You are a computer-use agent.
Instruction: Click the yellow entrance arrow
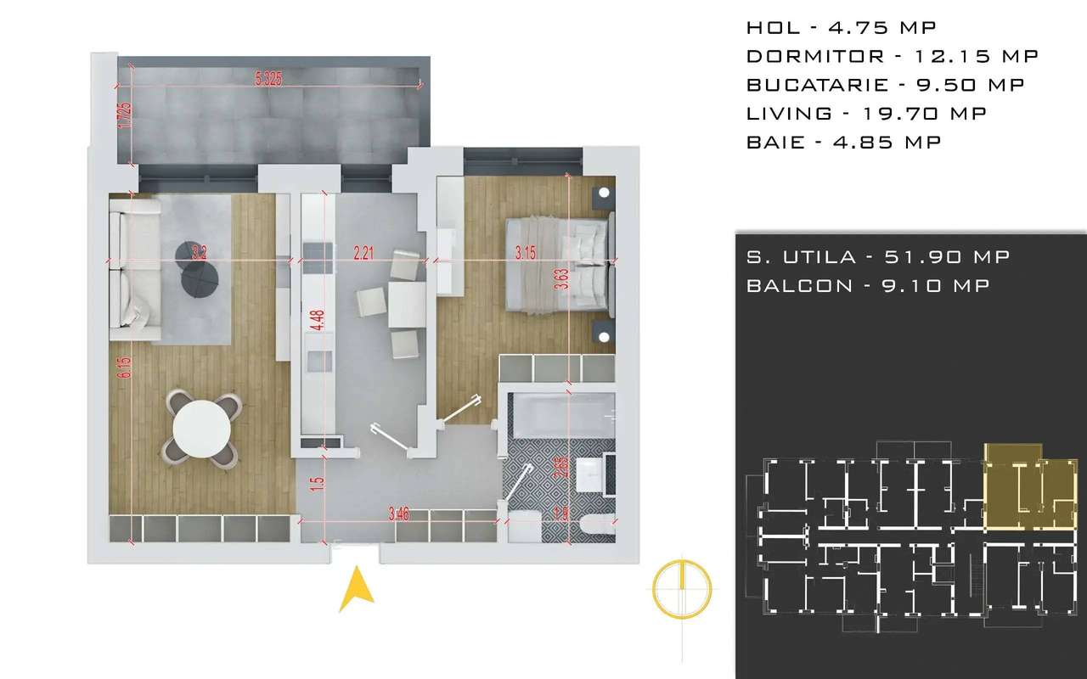[x=357, y=590]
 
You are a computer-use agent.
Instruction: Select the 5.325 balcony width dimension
[x=268, y=79]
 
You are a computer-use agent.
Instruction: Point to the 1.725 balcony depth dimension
[x=124, y=115]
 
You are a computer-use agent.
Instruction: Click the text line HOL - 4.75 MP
[x=841, y=27]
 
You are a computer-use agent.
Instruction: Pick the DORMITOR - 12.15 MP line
[x=893, y=56]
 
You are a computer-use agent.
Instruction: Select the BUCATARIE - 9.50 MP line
[x=885, y=85]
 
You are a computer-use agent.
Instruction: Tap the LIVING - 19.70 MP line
[x=866, y=114]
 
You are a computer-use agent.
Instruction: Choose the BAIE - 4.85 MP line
[x=843, y=143]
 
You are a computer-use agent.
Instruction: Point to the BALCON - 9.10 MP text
[x=868, y=286]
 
